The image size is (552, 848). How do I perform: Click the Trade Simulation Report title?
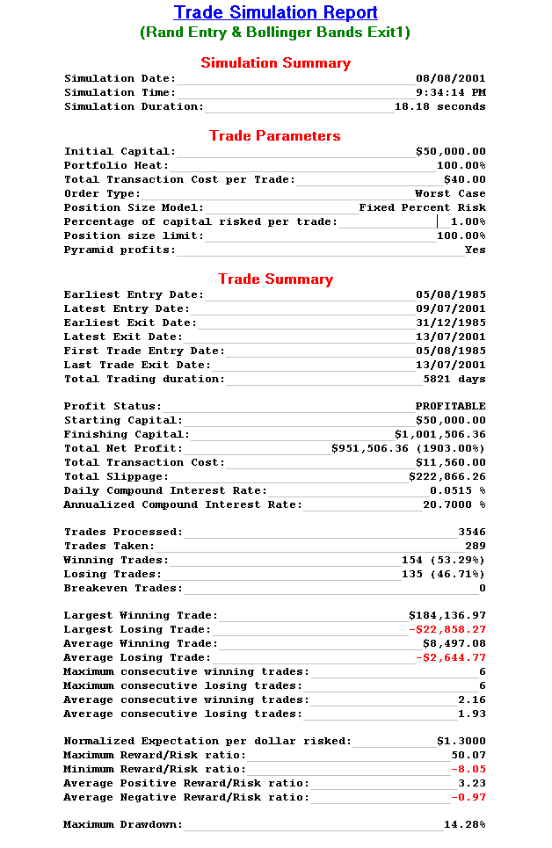click(275, 13)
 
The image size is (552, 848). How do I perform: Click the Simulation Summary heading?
click(275, 63)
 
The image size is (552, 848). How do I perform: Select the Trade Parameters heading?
click(275, 136)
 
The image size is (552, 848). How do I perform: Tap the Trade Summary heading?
click(275, 279)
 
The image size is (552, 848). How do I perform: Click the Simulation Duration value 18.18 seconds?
click(439, 106)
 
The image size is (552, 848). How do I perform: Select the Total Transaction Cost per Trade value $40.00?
click(464, 179)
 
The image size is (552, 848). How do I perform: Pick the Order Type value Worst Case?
click(450, 193)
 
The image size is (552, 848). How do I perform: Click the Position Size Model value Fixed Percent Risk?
click(422, 207)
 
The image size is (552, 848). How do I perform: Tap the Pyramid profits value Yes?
click(475, 250)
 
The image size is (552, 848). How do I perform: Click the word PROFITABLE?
click(450, 406)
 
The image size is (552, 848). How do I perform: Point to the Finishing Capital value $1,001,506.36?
click(439, 434)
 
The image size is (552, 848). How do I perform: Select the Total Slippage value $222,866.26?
click(447, 476)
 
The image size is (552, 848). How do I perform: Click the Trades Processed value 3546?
click(471, 532)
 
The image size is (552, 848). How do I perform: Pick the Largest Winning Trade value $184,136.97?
click(447, 615)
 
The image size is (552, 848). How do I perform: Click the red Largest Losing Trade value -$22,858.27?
click(447, 629)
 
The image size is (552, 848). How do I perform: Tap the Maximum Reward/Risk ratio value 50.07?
click(468, 755)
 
